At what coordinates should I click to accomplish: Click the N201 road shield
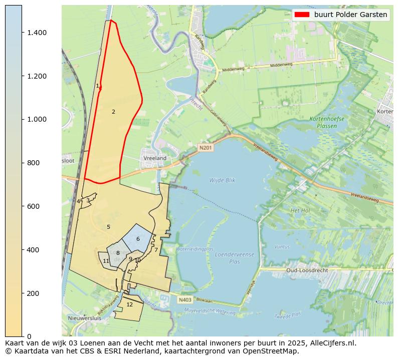click(205, 148)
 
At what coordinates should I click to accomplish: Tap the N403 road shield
click(184, 300)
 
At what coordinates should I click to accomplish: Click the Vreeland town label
click(155, 158)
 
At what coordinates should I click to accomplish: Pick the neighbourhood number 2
click(113, 112)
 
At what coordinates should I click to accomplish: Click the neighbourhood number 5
click(108, 227)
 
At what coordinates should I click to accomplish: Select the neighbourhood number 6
click(138, 239)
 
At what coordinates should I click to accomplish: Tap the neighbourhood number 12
click(129, 304)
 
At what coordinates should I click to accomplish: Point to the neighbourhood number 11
click(106, 261)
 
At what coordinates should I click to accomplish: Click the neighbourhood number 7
click(156, 250)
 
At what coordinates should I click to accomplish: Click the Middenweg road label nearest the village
click(232, 70)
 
